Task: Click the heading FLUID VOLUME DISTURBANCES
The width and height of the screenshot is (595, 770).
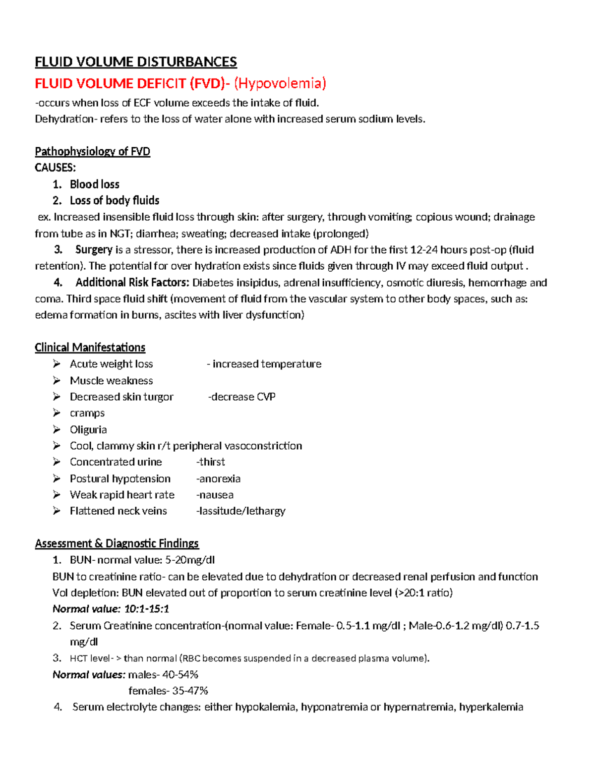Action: (x=135, y=62)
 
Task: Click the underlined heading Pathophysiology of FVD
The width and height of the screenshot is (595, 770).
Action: (x=92, y=151)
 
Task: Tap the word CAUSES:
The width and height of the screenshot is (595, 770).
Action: (x=55, y=168)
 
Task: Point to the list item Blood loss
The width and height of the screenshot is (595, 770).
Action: (x=94, y=184)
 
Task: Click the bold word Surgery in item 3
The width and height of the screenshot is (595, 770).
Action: (x=94, y=249)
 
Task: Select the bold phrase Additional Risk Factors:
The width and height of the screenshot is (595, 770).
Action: (x=132, y=283)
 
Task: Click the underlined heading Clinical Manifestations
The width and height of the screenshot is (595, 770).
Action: (x=90, y=348)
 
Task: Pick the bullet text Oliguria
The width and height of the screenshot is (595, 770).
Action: (x=88, y=429)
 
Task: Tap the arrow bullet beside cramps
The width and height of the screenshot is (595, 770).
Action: (x=57, y=413)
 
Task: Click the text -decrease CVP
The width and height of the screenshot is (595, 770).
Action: (x=241, y=397)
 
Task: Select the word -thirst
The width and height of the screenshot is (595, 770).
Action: (x=211, y=462)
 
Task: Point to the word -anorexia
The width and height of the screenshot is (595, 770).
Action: (x=219, y=478)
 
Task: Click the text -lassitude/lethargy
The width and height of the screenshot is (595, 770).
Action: (x=241, y=511)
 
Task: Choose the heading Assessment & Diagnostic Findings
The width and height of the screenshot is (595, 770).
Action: (x=117, y=543)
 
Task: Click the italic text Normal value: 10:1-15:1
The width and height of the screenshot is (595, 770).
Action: (x=111, y=609)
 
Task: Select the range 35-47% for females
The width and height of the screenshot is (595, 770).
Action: (x=190, y=691)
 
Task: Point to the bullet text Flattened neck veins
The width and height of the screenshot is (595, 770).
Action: (x=118, y=511)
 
